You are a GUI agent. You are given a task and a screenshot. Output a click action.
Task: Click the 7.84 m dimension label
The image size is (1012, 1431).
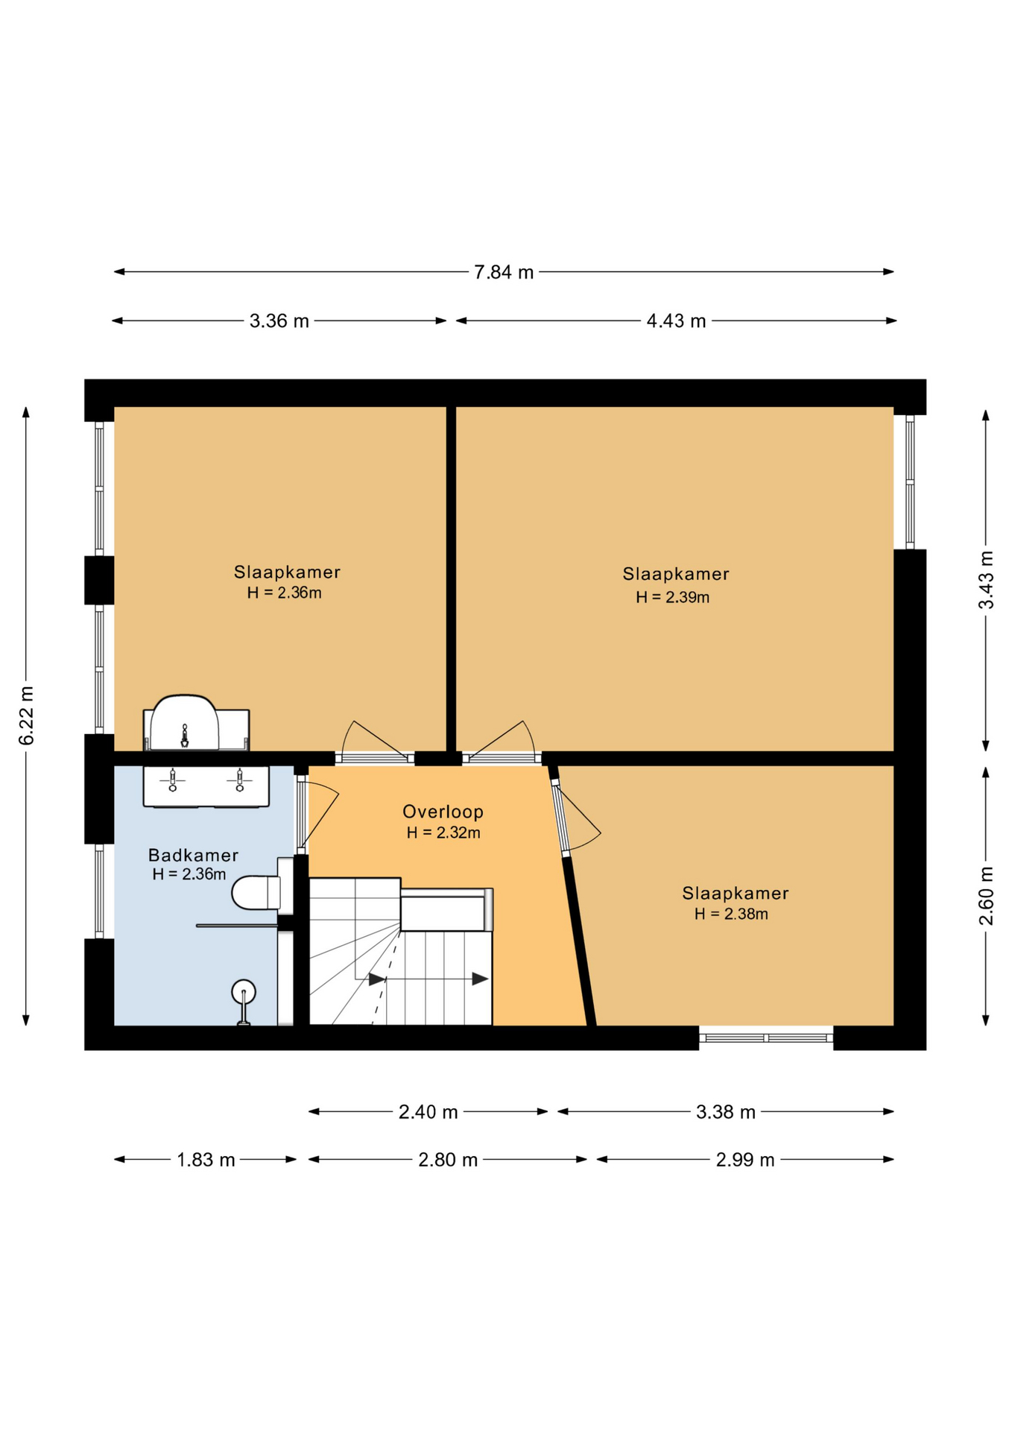[504, 272]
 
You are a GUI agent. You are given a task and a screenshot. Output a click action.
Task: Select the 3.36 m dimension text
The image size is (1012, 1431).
[279, 321]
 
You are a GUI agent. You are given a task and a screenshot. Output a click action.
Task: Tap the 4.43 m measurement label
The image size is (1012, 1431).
[676, 321]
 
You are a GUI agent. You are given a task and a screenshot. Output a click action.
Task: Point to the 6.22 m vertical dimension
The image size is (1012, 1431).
[27, 715]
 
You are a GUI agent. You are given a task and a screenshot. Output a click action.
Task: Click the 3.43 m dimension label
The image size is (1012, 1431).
[986, 580]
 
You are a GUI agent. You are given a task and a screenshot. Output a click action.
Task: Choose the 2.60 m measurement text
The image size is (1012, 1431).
[986, 896]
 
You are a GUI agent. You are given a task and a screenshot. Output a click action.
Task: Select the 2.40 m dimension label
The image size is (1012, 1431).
[428, 1112]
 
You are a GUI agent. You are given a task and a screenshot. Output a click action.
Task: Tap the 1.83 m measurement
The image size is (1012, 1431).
[206, 1160]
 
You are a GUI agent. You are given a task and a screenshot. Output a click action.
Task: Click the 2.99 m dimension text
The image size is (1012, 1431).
[745, 1160]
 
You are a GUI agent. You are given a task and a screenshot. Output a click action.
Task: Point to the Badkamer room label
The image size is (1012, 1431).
[193, 855]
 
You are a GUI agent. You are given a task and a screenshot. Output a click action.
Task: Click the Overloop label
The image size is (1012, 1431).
[443, 812]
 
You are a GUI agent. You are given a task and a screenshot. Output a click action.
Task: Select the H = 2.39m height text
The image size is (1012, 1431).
[672, 597]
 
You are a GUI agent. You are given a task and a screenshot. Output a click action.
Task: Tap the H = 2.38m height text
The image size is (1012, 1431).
[731, 914]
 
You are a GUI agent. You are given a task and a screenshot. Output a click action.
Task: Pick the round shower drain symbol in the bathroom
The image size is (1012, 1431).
[244, 992]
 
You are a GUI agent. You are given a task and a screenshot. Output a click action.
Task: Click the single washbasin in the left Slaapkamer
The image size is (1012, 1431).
[185, 723]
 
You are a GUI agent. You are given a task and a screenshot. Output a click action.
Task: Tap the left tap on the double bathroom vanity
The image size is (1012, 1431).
[173, 780]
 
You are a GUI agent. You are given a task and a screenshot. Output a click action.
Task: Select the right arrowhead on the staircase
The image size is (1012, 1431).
[481, 979]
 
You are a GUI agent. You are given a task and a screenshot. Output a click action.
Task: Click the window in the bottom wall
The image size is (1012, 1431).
[766, 1037]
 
